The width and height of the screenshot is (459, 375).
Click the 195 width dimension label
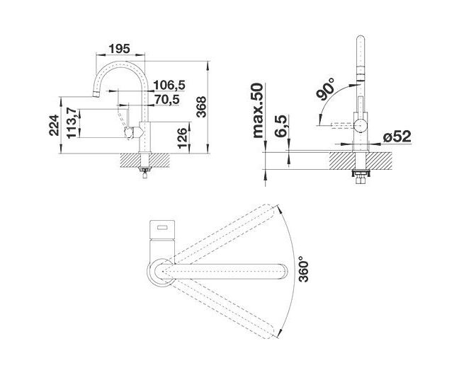tap(119, 49)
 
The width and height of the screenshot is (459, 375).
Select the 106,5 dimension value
tap(169, 85)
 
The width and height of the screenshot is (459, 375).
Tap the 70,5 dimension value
tap(167, 100)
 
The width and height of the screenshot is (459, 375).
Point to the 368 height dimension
tap(201, 107)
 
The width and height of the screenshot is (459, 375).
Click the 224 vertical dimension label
tap(54, 125)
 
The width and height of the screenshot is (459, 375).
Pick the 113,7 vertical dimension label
tap(72, 123)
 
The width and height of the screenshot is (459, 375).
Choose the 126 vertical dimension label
tap(182, 138)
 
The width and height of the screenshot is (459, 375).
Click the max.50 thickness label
tap(258, 110)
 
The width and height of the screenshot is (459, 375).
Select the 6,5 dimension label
tap(280, 126)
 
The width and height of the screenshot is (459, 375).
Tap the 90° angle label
tap(325, 90)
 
